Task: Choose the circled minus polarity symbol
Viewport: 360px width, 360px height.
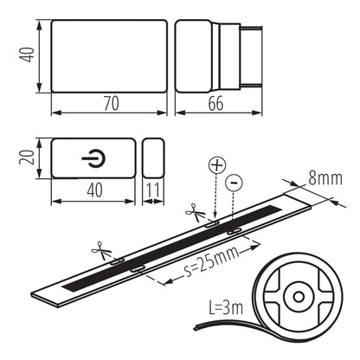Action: point(234,183)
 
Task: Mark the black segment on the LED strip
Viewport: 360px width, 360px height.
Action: point(173,247)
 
